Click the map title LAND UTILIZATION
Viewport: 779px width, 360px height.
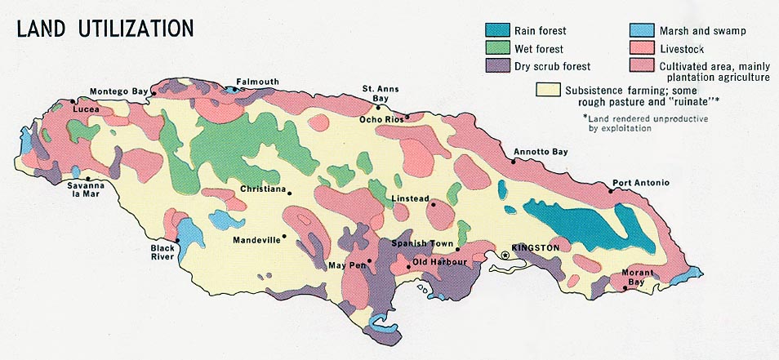coord(105,28)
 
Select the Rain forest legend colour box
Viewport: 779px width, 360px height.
coord(500,31)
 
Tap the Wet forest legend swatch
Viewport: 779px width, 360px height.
coord(500,48)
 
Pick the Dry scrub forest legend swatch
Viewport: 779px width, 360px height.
coord(500,65)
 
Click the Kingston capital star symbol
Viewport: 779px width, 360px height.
coord(505,256)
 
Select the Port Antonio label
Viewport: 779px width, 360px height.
coord(641,183)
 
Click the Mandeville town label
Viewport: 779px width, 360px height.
coord(256,240)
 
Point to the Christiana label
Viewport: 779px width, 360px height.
coord(263,189)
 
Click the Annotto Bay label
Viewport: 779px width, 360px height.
coord(540,152)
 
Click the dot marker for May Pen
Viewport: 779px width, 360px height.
coord(369,261)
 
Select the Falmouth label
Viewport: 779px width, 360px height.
coord(257,82)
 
